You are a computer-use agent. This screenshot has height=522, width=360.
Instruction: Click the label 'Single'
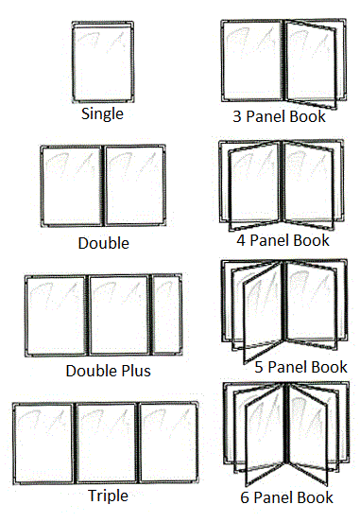(102, 114)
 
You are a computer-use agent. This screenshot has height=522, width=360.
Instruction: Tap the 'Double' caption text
(104, 243)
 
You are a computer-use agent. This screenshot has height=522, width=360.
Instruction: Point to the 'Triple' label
(108, 496)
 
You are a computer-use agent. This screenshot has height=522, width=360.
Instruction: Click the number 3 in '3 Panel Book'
(237, 116)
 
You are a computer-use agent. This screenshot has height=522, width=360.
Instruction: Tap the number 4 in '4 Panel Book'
(241, 240)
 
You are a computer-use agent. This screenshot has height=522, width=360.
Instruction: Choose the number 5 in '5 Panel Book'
(259, 367)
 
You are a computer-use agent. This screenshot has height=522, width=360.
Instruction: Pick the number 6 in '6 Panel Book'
(245, 497)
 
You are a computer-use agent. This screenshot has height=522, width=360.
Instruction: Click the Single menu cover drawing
(103, 61)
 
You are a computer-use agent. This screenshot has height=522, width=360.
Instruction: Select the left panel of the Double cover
(72, 185)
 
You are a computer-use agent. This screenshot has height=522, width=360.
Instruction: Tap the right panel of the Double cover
(135, 185)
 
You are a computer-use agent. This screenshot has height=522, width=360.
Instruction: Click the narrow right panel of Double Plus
(167, 315)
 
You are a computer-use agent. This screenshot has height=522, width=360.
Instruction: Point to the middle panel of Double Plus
(119, 315)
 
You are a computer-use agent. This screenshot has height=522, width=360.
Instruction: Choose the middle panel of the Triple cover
(106, 444)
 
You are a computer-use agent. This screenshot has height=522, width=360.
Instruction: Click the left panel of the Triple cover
(43, 444)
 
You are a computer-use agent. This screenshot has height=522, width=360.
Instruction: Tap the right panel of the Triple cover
(168, 443)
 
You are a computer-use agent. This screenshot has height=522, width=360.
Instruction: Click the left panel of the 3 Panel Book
(252, 61)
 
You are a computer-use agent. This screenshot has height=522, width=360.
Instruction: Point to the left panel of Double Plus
(57, 316)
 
